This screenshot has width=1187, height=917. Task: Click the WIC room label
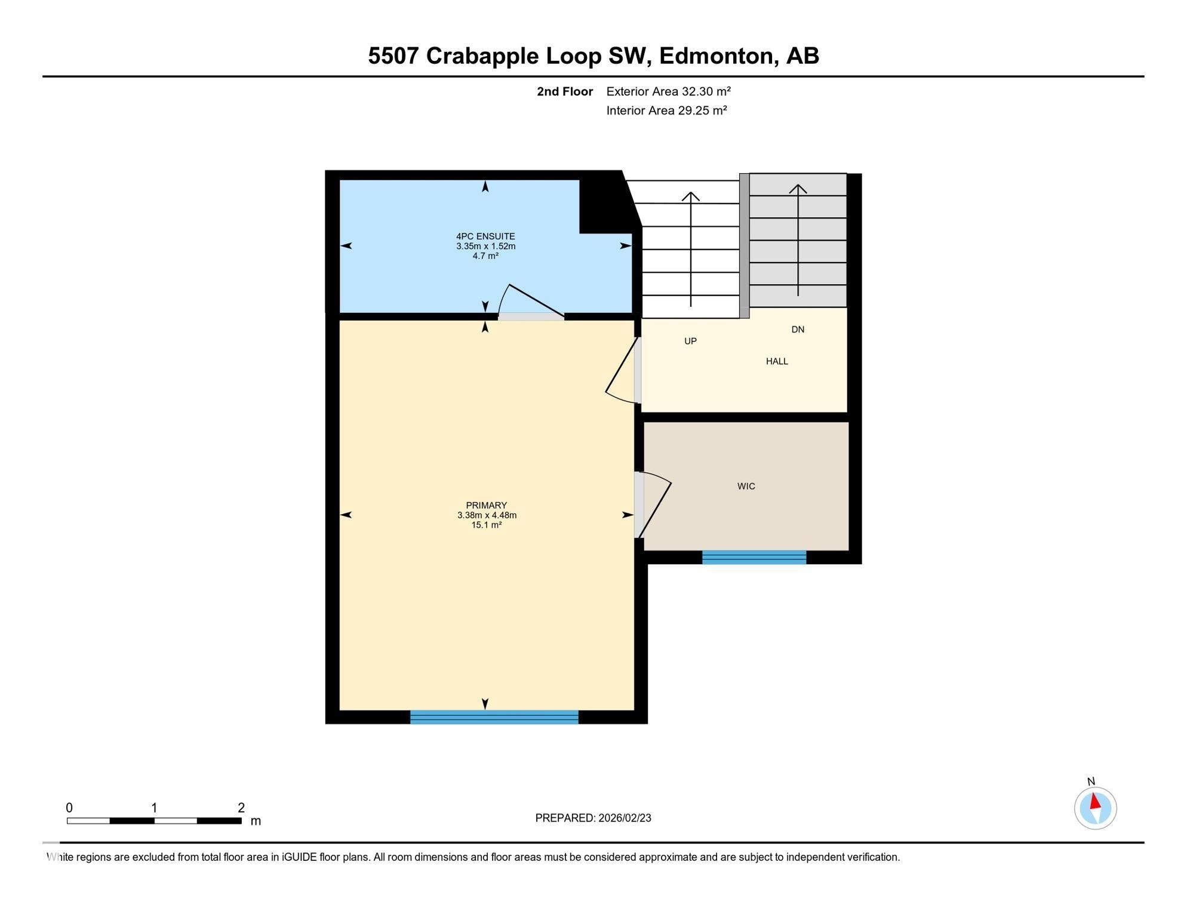coord(746,487)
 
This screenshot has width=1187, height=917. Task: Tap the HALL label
coord(777,361)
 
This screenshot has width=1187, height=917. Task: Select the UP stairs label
coord(690,341)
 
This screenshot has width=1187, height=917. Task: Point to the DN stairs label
coord(798,330)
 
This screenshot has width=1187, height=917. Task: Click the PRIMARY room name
coord(486,506)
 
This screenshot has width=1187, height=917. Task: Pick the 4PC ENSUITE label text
coord(485,236)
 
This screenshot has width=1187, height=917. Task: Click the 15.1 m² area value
coord(486,525)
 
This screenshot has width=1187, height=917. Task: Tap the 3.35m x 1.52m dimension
coord(485,246)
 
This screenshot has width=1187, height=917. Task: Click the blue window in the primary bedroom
coord(494,717)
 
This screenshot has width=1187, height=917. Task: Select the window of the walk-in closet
coord(754,558)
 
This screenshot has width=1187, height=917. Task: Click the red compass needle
coord(1095,801)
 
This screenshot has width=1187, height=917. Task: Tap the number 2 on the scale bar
coord(241,808)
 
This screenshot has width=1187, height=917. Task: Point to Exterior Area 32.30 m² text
coord(668,91)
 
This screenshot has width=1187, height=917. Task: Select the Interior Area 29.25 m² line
coord(666,110)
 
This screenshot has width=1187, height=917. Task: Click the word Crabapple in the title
coord(483,56)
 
